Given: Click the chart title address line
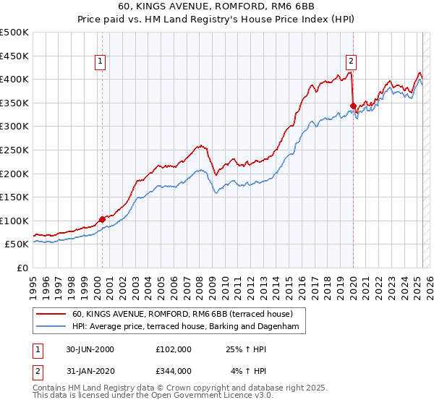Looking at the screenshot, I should pos(216,8).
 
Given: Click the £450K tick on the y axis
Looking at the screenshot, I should pos(14,56).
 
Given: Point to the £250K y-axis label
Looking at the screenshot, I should pos(14,150).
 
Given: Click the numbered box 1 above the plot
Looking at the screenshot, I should pos(100,61).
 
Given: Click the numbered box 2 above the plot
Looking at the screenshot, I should pos(351,61).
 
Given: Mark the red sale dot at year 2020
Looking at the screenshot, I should pos(353,106).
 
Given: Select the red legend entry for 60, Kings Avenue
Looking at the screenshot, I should pos(182,315).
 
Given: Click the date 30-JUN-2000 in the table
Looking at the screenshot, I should pos(90,349).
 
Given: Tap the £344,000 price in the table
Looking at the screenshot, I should pos(173,370).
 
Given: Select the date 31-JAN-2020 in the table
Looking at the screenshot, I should pos(90,370).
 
